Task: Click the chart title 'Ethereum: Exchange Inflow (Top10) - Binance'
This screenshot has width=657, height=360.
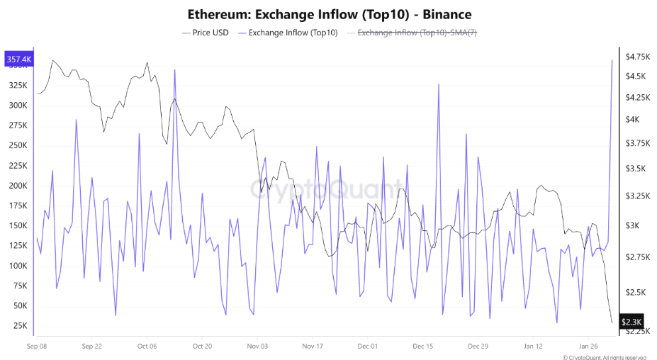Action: click(330, 14)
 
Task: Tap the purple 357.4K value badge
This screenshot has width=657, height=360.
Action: click(18, 60)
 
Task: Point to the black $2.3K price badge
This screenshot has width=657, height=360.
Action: click(631, 322)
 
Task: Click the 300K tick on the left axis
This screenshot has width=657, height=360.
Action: click(16, 106)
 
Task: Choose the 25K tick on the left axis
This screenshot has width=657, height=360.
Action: click(18, 326)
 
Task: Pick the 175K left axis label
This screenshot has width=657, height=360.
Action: click(16, 206)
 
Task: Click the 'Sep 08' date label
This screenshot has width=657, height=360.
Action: click(36, 347)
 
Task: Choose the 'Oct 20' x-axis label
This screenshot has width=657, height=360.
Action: click(202, 347)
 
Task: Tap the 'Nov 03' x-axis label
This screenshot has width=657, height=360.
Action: click(257, 347)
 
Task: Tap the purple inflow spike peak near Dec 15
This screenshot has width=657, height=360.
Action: click(439, 84)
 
